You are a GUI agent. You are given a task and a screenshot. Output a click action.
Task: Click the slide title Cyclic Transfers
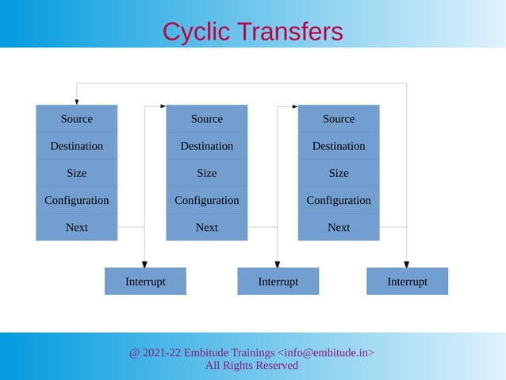[252, 31]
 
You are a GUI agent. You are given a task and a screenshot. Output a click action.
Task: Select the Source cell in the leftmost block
[76, 119]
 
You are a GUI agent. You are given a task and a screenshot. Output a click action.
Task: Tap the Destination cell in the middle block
[206, 146]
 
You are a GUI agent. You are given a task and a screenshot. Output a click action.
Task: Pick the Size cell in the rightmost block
[339, 173]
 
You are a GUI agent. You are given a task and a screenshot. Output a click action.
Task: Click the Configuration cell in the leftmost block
[76, 200]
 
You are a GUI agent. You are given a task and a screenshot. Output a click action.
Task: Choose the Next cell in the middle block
[206, 227]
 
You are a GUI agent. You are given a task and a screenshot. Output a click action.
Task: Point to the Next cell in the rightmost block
[339, 227]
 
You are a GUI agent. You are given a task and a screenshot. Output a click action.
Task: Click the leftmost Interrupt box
[145, 282]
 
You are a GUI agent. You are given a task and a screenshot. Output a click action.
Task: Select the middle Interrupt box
[278, 282]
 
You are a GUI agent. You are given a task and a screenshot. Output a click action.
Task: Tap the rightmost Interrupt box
[407, 282]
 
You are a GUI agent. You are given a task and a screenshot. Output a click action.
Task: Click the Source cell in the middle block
[206, 119]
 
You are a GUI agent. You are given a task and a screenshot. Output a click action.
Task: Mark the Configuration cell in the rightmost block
[339, 200]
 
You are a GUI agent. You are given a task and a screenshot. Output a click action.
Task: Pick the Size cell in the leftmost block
[76, 173]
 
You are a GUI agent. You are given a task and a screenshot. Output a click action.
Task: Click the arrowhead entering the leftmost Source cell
[77, 102]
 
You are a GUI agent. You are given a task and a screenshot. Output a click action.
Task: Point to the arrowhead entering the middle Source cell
[163, 106]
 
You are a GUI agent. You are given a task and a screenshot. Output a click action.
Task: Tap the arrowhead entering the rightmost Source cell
[294, 106]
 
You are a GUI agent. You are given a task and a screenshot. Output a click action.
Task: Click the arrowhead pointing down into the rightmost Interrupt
[407, 263]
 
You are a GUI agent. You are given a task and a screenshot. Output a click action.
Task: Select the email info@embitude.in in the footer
[326, 352]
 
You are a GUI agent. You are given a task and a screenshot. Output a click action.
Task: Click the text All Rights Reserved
[251, 366]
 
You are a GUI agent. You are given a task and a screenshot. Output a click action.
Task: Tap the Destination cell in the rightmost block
[339, 146]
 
